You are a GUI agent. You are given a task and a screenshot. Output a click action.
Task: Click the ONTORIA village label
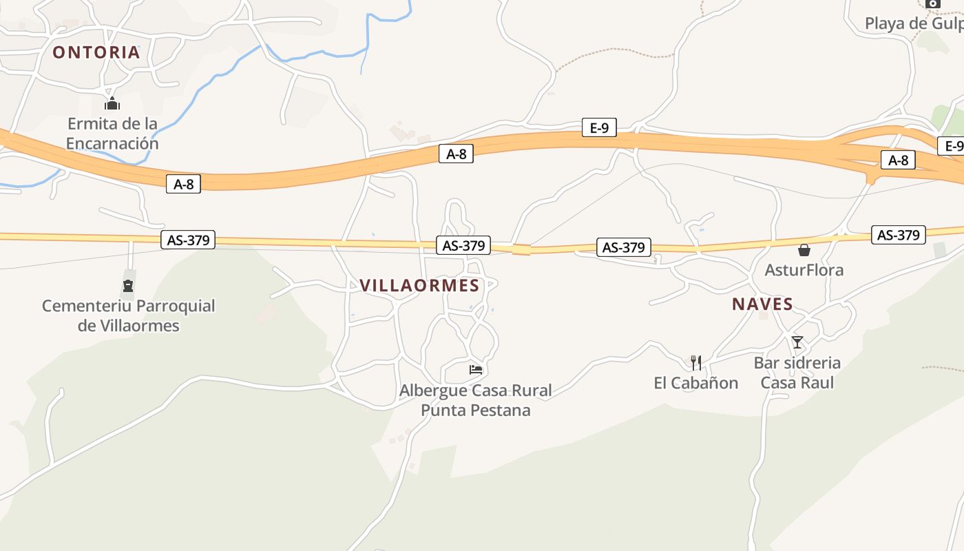[x=96, y=52]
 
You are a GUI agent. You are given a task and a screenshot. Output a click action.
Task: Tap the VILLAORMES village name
[x=419, y=286]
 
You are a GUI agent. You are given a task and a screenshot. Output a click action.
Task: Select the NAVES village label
[x=762, y=304]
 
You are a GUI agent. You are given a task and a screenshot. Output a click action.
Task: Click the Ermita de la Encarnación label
[x=112, y=134]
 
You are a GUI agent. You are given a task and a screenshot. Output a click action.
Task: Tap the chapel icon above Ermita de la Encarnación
[x=112, y=104]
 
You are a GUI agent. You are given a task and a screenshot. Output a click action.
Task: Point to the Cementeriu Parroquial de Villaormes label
[x=129, y=315]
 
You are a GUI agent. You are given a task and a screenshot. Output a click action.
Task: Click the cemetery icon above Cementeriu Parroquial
[x=128, y=286]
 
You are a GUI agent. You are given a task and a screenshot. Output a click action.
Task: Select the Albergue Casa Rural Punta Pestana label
[x=476, y=400]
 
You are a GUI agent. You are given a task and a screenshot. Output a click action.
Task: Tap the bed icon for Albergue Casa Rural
[x=476, y=370]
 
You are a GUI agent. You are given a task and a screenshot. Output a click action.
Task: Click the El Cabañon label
[x=695, y=383]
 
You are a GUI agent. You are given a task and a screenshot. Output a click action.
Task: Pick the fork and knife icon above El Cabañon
[x=696, y=362]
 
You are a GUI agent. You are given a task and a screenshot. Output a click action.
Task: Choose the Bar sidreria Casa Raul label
[x=797, y=372]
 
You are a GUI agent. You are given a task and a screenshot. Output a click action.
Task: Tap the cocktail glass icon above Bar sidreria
[x=797, y=342]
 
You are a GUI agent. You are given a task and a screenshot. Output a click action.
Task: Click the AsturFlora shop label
[x=804, y=270]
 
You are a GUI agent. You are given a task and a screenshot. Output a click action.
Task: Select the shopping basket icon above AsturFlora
[x=804, y=250]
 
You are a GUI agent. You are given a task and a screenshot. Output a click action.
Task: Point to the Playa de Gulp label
[x=913, y=23]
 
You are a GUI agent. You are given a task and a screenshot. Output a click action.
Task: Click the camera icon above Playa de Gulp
[x=933, y=3]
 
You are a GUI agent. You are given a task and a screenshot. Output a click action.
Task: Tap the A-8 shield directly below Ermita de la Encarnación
[x=183, y=184]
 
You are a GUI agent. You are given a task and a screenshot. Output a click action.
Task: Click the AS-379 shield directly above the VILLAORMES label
[x=463, y=245]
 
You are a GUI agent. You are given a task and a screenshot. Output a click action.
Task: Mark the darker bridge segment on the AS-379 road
[x=521, y=249]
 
